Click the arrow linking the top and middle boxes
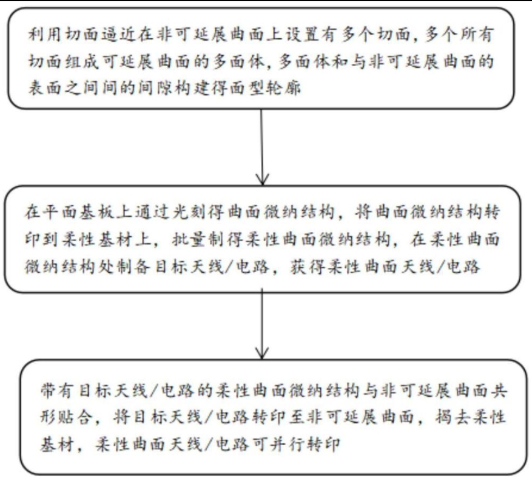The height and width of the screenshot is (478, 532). (261, 146)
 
